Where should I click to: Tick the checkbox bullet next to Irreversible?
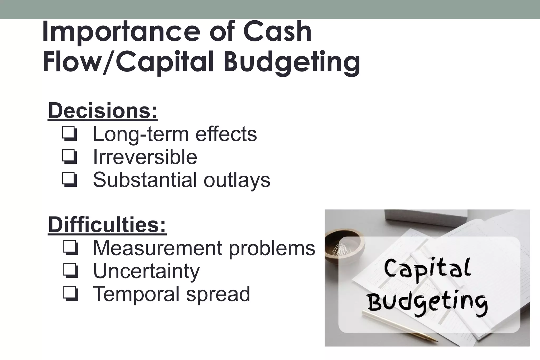click(x=70, y=157)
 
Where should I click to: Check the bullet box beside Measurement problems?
click(x=70, y=248)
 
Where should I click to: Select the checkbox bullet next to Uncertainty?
click(x=70, y=271)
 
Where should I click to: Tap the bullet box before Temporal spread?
click(x=70, y=294)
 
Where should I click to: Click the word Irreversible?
click(x=145, y=157)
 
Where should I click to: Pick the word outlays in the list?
click(x=237, y=180)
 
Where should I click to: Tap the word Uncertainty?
click(x=146, y=271)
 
